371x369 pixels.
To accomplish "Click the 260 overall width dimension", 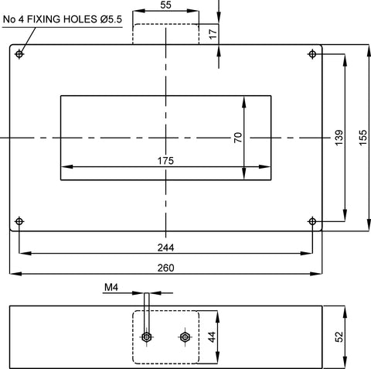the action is click(165, 268).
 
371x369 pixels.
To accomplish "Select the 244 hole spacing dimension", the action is click(165, 248).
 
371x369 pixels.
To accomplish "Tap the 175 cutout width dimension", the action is click(165, 161).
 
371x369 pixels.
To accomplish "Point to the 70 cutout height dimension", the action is click(238, 138).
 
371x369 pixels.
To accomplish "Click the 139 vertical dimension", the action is click(339, 138).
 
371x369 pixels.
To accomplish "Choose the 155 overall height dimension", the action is click(362, 138).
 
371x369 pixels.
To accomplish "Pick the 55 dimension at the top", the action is click(165, 5).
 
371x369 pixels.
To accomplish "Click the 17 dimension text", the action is click(213, 34).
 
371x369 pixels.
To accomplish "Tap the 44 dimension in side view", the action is click(212, 337).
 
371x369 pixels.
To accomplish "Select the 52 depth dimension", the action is click(339, 337).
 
